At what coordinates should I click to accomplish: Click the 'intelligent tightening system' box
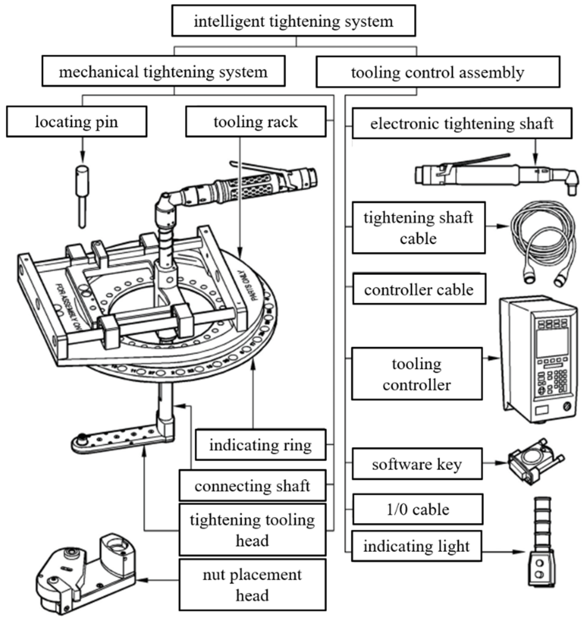(293, 21)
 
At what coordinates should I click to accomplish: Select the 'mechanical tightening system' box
(163, 72)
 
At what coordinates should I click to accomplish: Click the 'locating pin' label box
(76, 121)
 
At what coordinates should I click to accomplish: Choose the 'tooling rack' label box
(256, 121)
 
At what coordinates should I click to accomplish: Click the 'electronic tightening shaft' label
(462, 123)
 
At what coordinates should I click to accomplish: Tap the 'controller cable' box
(419, 289)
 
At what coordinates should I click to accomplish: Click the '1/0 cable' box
(418, 509)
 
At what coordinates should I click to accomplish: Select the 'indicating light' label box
(416, 546)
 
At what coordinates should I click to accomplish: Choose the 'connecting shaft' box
(252, 486)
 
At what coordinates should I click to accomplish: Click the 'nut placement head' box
(252, 585)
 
